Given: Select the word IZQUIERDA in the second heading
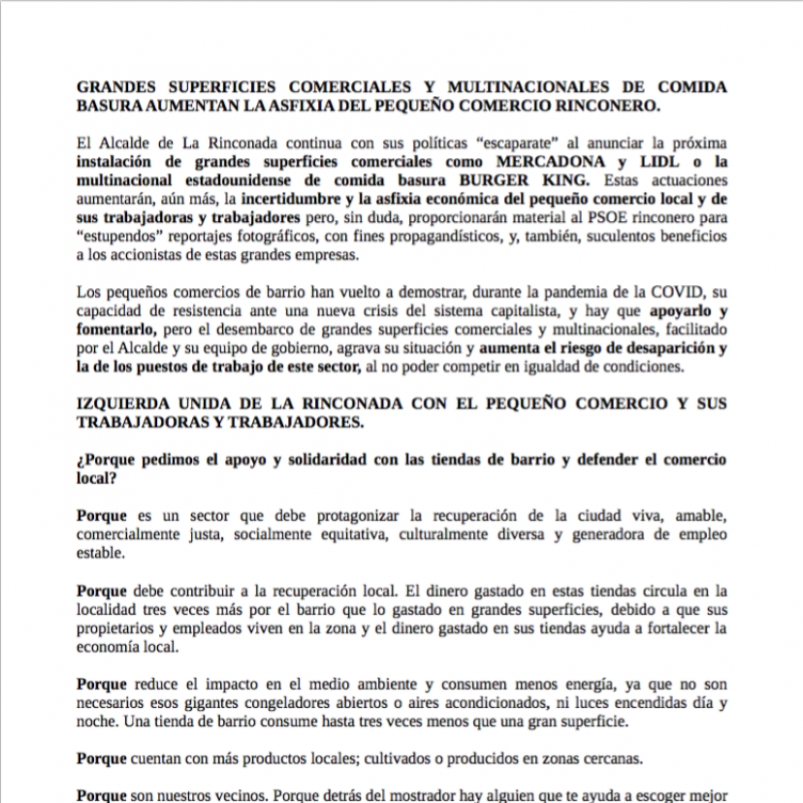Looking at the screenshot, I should pos(124,403).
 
